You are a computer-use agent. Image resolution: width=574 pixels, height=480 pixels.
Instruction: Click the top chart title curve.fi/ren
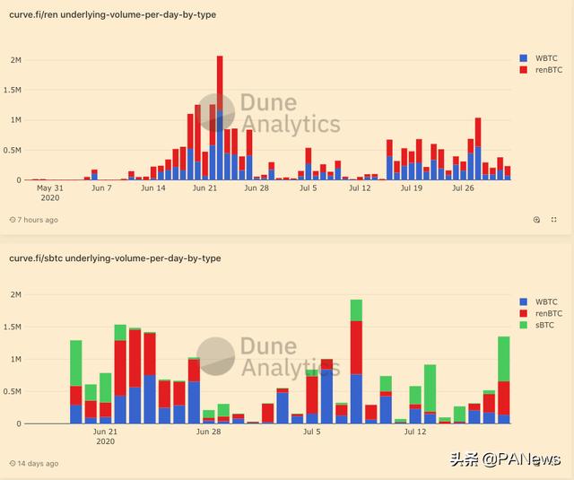112,15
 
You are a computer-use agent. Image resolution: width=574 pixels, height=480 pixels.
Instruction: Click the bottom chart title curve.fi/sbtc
115,258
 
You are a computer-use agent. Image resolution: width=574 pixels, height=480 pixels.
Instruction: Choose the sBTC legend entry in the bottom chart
541,326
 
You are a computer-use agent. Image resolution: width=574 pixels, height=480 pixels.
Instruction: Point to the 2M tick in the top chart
16,60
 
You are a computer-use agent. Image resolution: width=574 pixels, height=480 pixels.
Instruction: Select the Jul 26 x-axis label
463,188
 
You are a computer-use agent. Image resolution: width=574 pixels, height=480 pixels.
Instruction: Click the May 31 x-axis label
50,188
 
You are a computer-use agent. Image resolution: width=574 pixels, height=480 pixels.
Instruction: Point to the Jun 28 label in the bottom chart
208,432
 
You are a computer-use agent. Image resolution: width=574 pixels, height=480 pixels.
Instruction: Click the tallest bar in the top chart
220,117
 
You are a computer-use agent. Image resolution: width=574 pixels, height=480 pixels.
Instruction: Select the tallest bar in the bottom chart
356,359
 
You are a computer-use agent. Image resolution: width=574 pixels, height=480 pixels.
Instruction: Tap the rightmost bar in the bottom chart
504,377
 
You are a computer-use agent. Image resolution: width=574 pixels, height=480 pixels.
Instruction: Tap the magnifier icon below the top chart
536,220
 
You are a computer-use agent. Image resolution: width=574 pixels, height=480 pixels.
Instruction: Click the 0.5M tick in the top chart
14,150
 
